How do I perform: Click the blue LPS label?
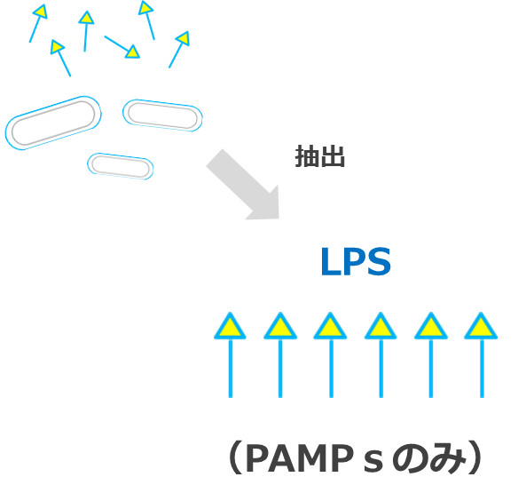[355, 264]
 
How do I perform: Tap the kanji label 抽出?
[319, 158]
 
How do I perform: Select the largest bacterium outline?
[53, 122]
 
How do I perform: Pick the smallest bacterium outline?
[120, 165]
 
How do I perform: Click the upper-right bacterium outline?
[162, 115]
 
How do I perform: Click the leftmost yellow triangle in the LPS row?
[229, 327]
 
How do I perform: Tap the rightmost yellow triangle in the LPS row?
[481, 327]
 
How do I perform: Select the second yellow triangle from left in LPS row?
[279, 327]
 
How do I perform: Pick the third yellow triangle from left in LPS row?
[329, 327]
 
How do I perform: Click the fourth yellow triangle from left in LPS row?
[380, 327]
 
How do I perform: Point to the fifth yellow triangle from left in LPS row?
[430, 327]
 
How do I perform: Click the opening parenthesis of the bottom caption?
[232, 457]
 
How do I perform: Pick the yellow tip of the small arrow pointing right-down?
[132, 52]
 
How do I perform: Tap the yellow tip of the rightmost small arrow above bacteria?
[183, 39]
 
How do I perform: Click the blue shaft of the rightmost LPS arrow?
[481, 369]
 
